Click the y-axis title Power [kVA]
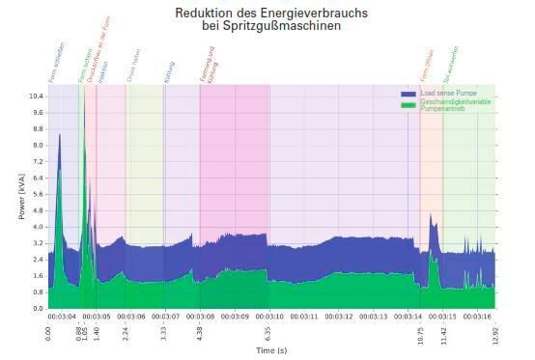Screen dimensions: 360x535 point(22,198)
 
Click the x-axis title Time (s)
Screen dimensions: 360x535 point(271,350)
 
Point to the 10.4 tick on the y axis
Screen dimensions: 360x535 point(35,97)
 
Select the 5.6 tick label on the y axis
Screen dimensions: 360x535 point(36,194)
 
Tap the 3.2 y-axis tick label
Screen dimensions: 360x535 point(36,243)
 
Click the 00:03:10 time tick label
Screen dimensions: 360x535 point(269,316)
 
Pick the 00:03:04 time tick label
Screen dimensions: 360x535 point(63,316)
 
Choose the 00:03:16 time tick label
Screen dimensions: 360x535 point(477,316)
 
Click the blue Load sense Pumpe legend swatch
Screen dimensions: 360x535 point(408,93)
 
